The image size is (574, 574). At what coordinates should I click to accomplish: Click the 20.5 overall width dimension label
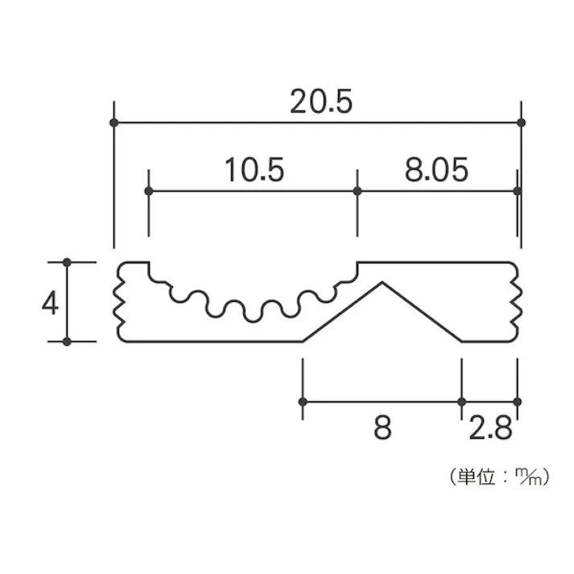pyautogui.click(x=321, y=101)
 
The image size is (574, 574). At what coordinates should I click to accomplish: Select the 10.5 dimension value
pyautogui.click(x=254, y=170)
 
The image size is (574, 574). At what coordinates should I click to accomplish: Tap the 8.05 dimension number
pyautogui.click(x=436, y=170)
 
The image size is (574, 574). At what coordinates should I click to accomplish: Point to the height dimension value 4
pyautogui.click(x=50, y=303)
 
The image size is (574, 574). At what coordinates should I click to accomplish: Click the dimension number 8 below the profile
pyautogui.click(x=382, y=427)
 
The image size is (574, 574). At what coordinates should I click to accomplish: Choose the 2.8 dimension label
pyautogui.click(x=490, y=427)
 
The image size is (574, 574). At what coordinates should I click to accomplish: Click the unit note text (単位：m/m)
pyautogui.click(x=499, y=477)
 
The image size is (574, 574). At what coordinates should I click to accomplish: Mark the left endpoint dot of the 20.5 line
pyautogui.click(x=114, y=122)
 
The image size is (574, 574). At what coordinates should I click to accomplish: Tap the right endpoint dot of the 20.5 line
pyautogui.click(x=522, y=122)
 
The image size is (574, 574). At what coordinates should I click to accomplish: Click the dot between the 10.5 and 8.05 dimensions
pyautogui.click(x=357, y=191)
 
